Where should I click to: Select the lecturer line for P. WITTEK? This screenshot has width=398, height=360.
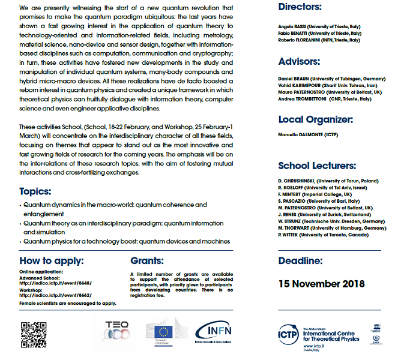(x=325, y=235)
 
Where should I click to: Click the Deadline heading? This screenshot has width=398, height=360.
(x=300, y=260)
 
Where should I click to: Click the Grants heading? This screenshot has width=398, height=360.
(x=146, y=260)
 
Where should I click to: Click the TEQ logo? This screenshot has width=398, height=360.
(x=116, y=331)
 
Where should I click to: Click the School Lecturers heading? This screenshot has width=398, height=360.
(x=317, y=166)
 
